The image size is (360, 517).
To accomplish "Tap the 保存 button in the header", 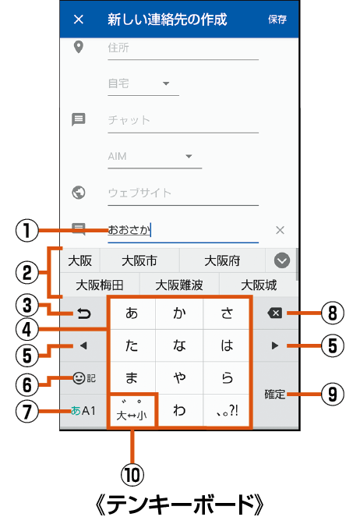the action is click(x=277, y=19).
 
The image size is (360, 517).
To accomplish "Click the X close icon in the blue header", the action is click(x=79, y=19).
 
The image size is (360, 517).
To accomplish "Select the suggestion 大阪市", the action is click(x=139, y=260).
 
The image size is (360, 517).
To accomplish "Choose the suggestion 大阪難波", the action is click(x=179, y=285).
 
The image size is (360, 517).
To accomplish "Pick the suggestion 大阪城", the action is click(x=259, y=285).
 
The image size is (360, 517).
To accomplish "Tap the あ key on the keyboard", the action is click(x=132, y=313).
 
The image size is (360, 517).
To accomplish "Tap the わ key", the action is click(x=179, y=410).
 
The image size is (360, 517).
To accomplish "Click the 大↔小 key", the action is click(x=132, y=411).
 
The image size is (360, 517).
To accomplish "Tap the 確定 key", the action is click(x=275, y=395).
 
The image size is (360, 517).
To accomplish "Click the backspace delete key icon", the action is click(x=275, y=313).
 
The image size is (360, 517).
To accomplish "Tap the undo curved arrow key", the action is click(x=83, y=313).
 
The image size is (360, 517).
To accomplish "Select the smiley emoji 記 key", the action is click(x=84, y=378).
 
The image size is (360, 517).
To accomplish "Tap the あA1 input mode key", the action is click(x=83, y=411).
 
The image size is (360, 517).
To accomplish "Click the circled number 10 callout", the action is click(x=132, y=475).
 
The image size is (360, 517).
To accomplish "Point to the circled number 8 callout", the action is click(x=333, y=313).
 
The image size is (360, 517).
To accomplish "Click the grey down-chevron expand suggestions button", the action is click(x=282, y=260).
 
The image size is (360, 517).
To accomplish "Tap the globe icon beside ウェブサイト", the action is click(x=79, y=193).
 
